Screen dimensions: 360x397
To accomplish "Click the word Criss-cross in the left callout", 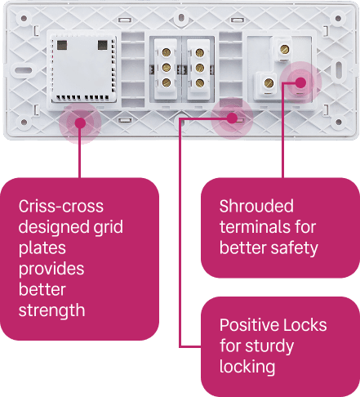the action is coord(61,206).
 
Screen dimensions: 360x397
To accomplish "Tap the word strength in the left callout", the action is coord(51,310).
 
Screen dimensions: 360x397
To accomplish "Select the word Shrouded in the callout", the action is coord(256,206).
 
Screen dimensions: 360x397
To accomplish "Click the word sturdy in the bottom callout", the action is coord(269,346).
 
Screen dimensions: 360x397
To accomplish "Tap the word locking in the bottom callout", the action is coord(247,367).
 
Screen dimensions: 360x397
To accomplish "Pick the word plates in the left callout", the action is coord(42,248).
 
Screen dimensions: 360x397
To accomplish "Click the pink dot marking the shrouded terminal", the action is coord(300,83).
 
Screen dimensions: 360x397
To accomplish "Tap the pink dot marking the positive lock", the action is coord(232,118).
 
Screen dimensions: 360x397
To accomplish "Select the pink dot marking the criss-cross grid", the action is coord(80,123).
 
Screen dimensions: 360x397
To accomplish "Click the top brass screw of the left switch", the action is coord(167,52).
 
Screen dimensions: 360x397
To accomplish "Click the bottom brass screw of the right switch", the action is coord(200,83).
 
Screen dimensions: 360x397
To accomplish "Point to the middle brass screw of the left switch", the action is coord(167,67).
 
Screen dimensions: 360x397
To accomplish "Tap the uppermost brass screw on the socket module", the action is coord(285,49).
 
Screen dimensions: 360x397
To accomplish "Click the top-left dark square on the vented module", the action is coord(62,45).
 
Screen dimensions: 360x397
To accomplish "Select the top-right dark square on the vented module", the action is coord(103,45).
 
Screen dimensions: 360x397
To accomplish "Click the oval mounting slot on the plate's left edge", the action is coord(24,70).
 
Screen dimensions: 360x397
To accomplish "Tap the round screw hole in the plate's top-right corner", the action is coord(338,19).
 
